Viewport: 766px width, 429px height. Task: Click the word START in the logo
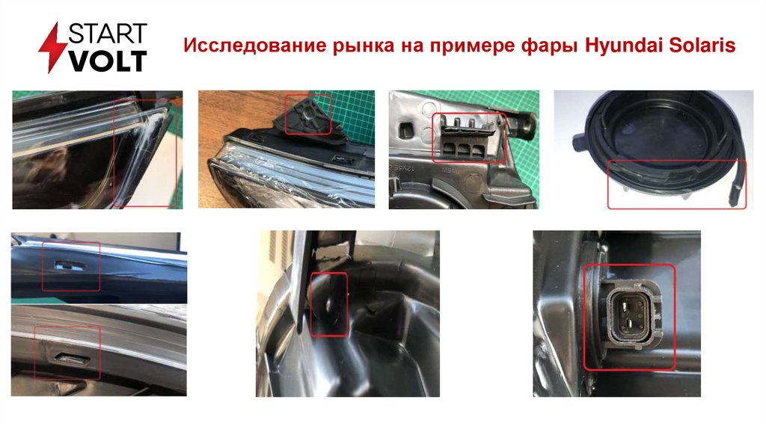pyautogui.click(x=107, y=34)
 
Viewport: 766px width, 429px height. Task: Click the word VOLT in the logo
pyautogui.click(x=108, y=61)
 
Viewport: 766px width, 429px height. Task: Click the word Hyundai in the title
pyautogui.click(x=624, y=46)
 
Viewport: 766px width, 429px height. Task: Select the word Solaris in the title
pyautogui.click(x=702, y=45)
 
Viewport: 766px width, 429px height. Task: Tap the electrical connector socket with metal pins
pyautogui.click(x=630, y=315)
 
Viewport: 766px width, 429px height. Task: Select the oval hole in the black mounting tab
pyautogui.click(x=330, y=304)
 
